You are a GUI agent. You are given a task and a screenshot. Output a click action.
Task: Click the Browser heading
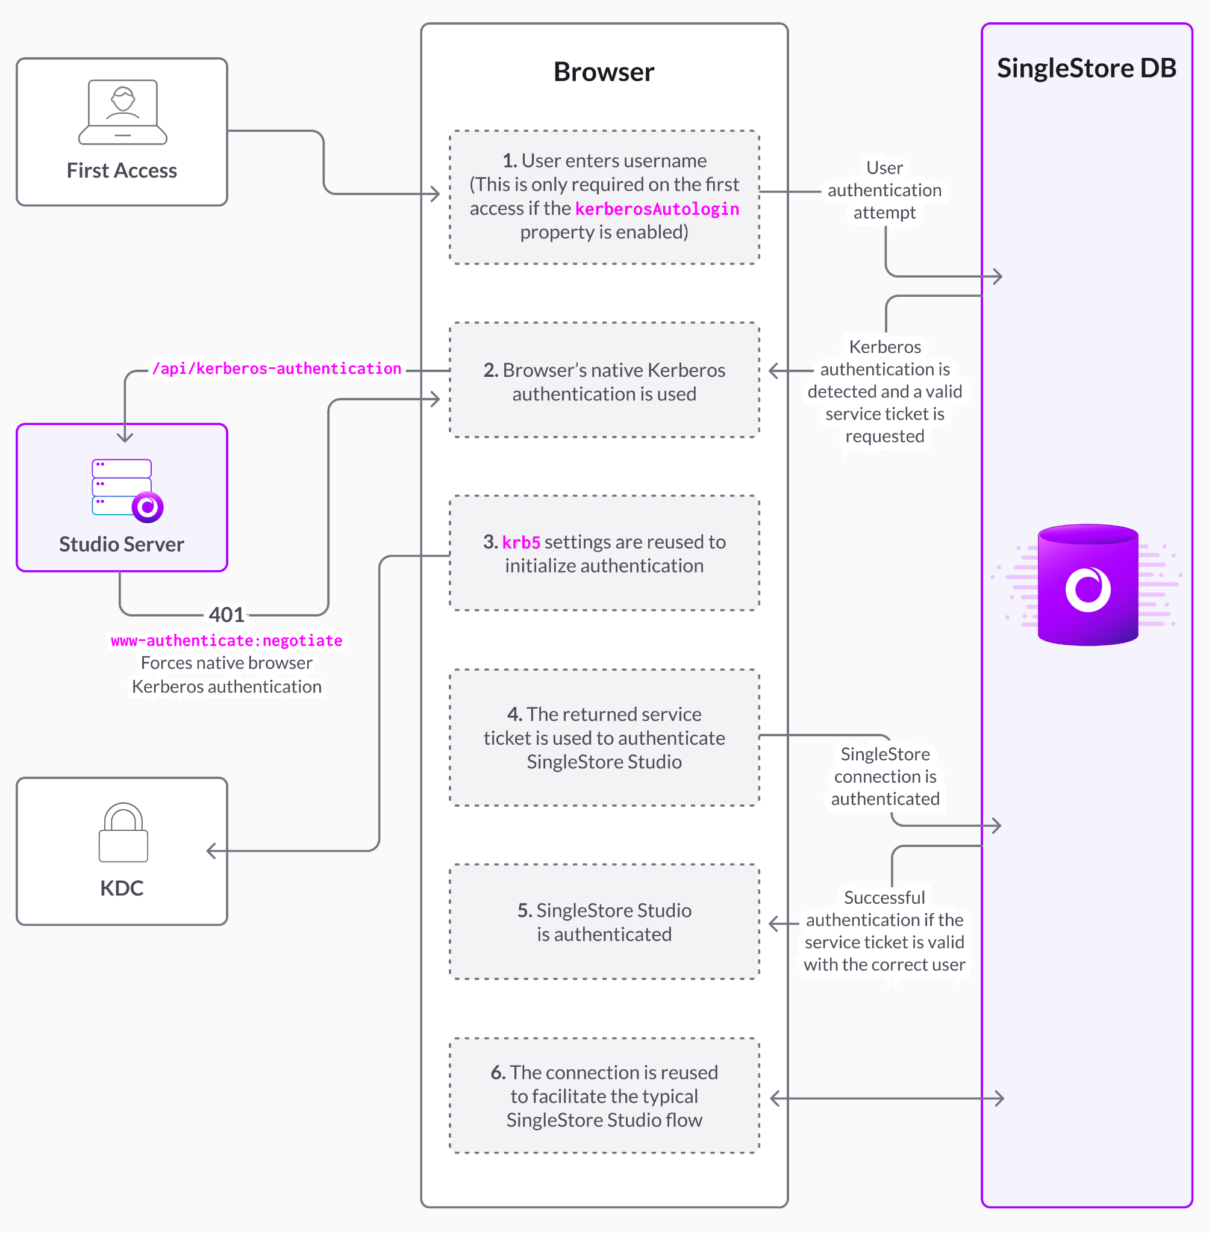pos(603,72)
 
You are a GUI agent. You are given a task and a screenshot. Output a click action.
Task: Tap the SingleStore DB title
pos(1086,68)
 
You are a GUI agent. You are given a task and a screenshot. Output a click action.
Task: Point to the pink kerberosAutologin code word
pos(657,209)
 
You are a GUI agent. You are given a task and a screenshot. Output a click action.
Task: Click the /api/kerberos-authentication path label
pos(277,368)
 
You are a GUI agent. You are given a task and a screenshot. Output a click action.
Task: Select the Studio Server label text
pos(122,544)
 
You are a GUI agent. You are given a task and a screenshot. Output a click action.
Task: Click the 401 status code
pos(226,614)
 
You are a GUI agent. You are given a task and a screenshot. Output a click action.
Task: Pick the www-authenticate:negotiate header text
pos(226,641)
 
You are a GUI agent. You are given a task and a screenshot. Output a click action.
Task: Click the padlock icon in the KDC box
pos(123,833)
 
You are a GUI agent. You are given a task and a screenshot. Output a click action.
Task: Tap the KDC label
pos(122,888)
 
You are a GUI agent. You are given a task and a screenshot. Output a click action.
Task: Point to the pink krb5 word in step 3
pos(520,542)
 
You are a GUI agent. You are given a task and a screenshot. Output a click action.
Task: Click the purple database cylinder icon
pos(1087,585)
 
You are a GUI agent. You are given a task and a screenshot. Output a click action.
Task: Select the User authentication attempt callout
pos(884,190)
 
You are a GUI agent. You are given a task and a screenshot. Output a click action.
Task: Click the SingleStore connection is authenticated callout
pos(885,776)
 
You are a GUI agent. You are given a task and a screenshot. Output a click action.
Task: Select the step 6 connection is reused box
pos(604,1096)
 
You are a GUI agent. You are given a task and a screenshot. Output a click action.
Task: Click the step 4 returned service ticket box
pos(604,738)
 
